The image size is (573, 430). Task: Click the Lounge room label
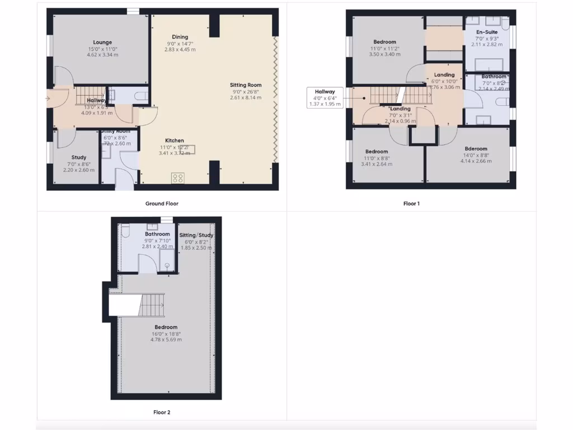pos(102,42)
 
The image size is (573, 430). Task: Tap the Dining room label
pos(180,37)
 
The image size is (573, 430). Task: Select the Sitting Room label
pos(246,85)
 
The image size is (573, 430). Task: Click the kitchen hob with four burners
pos(178,179)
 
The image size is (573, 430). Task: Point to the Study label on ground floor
pos(79,157)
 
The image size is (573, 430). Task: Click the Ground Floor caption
pos(162,204)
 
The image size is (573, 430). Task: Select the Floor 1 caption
pos(411,204)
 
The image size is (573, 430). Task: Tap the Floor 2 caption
pos(162,413)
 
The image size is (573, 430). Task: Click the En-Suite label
pos(486,32)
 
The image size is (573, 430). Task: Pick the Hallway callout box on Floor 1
pos(325,97)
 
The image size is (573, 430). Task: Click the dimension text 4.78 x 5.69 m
pos(166,339)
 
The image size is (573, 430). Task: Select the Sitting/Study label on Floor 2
pos(196,235)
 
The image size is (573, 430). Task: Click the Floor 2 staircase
pos(151,305)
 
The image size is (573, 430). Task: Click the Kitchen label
pos(174,141)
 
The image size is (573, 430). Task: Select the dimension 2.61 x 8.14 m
pos(245,97)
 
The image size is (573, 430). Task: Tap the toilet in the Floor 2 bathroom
pos(125,231)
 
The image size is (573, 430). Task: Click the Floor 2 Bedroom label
pos(166,327)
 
